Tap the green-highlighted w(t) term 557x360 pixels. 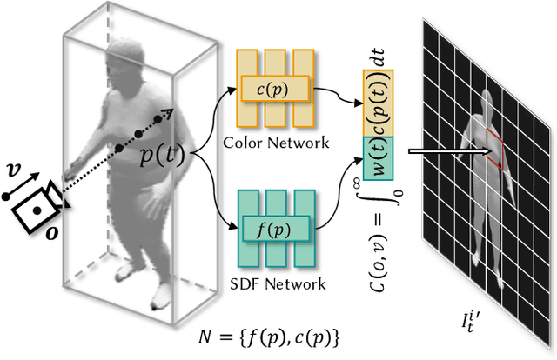click(x=379, y=159)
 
